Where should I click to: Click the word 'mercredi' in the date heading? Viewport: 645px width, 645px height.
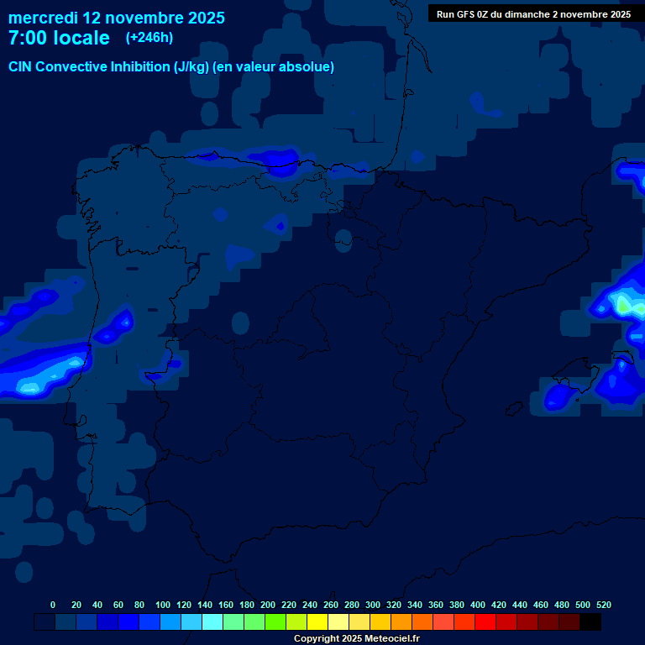[x=43, y=18]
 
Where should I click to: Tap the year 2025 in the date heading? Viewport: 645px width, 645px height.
[x=205, y=18]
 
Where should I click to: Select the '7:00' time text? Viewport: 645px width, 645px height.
[x=26, y=38]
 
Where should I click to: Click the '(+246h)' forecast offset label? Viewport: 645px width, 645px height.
[x=149, y=37]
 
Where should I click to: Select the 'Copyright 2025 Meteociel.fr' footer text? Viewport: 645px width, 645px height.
[x=356, y=638]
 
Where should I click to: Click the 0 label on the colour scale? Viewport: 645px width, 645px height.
[x=53, y=605]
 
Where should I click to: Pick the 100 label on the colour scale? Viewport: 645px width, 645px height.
[x=163, y=605]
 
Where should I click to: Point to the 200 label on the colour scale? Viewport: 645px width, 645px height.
[x=268, y=605]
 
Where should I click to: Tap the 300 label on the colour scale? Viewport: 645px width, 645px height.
[x=373, y=605]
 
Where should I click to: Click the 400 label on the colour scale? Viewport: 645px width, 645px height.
[x=478, y=605]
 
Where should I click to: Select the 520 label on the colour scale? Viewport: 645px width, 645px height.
[x=604, y=605]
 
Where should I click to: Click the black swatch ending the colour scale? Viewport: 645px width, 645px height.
[x=590, y=621]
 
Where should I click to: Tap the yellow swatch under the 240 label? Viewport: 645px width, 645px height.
[x=317, y=621]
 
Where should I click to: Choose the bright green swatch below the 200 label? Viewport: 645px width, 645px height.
[x=275, y=621]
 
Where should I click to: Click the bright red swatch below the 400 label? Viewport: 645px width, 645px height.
[x=485, y=621]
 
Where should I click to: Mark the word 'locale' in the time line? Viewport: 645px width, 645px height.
[x=81, y=38]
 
